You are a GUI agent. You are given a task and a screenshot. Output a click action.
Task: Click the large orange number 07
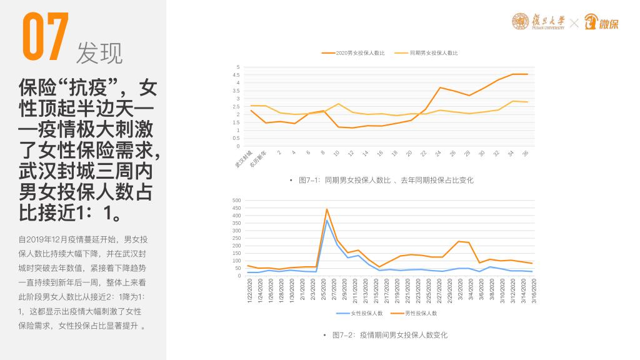click(44, 38)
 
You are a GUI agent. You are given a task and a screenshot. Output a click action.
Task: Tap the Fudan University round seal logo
click(520, 21)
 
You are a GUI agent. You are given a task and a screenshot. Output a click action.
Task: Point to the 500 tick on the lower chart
click(236, 201)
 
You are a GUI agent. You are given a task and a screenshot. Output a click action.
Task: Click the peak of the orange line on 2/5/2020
click(327, 209)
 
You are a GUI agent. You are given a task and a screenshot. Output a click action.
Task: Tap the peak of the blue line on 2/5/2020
click(327, 220)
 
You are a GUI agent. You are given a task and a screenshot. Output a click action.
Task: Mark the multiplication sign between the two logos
click(574, 23)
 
